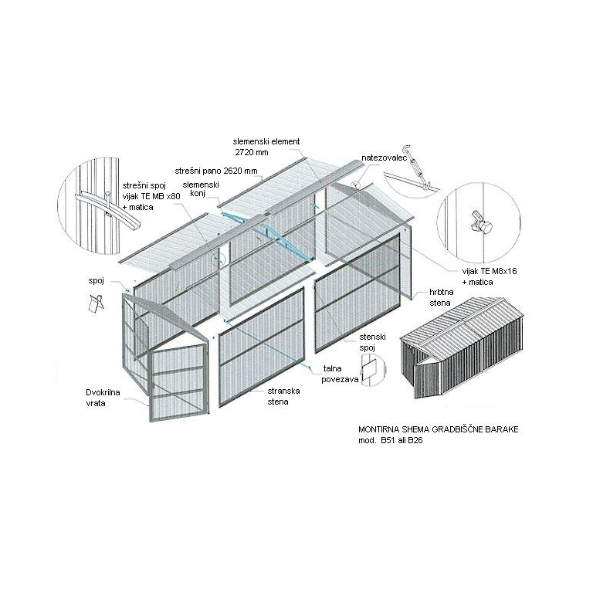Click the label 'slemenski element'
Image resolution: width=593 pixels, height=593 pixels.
tap(266, 141)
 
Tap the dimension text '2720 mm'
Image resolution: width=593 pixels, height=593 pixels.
tap(252, 152)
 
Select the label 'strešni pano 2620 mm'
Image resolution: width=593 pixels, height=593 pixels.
tap(216, 171)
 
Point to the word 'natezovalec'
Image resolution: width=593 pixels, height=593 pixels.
tap(384, 158)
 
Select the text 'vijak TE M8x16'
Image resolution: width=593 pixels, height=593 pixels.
tap(490, 271)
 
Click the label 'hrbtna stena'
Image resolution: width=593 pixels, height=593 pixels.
tap(442, 297)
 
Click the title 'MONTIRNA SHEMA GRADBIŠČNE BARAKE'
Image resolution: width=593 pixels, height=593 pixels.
tap(439, 429)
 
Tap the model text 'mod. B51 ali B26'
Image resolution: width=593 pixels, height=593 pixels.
tap(390, 441)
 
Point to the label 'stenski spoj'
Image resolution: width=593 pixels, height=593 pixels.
tap(372, 342)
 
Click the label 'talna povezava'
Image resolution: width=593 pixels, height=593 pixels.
tap(340, 374)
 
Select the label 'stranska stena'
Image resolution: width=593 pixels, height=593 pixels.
tap(283, 396)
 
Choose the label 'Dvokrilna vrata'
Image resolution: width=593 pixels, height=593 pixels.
tap(103, 398)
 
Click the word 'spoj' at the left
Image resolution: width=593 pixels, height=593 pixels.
tap(96, 281)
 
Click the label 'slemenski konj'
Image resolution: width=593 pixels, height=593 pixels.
tap(201, 189)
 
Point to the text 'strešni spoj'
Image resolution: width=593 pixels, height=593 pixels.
tap(144, 185)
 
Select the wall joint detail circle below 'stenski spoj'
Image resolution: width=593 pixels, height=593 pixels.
tap(372, 370)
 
